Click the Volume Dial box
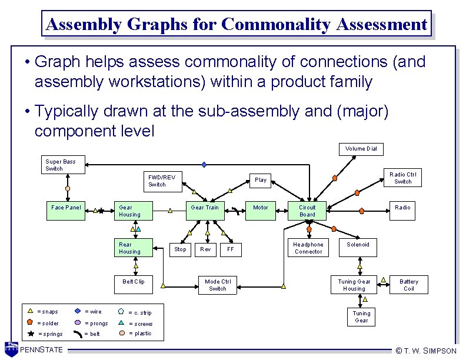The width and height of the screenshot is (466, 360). (x=361, y=149)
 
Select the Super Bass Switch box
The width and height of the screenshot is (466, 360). (x=64, y=165)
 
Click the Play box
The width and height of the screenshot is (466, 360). (x=261, y=180)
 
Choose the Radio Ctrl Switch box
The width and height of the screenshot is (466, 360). (x=402, y=178)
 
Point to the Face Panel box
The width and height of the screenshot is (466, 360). (x=66, y=208)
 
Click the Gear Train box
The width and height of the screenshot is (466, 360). (x=205, y=211)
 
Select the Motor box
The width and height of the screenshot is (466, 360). (x=261, y=211)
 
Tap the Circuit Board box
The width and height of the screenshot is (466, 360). (x=307, y=211)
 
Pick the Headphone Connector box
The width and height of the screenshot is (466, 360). (x=308, y=248)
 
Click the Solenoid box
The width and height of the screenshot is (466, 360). (x=358, y=248)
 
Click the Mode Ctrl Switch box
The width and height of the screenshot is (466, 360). (x=217, y=285)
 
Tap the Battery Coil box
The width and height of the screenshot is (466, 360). (x=408, y=285)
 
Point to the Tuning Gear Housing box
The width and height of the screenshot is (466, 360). (x=354, y=285)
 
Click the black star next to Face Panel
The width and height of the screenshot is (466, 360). (x=101, y=209)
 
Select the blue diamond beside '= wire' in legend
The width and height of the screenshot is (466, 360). (x=78, y=311)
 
